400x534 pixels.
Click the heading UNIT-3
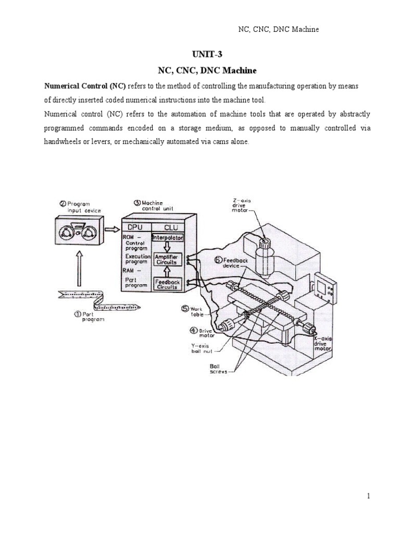pyautogui.click(x=207, y=54)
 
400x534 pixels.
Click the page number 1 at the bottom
pyautogui.click(x=368, y=496)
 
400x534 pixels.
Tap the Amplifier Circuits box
pyautogui.click(x=166, y=259)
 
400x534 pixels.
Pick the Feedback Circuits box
pyautogui.click(x=166, y=284)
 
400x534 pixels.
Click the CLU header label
pyautogui.click(x=170, y=227)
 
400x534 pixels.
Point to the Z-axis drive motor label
pyautogui.click(x=243, y=204)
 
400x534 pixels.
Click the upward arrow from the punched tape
pyautogui.click(x=79, y=269)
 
